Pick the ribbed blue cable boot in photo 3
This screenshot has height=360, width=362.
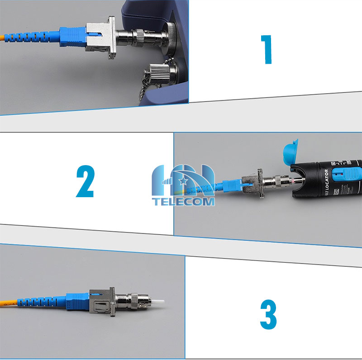tap(41, 301)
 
